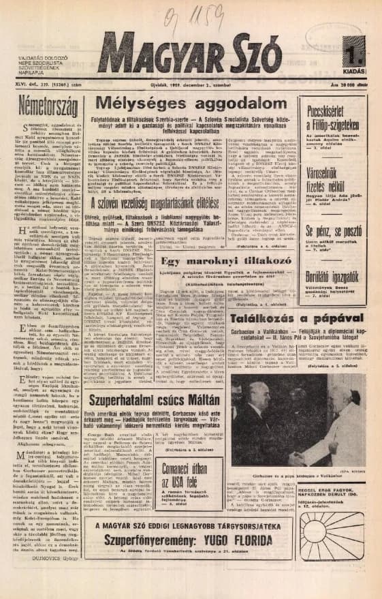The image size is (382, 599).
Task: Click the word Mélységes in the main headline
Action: [142, 104]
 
